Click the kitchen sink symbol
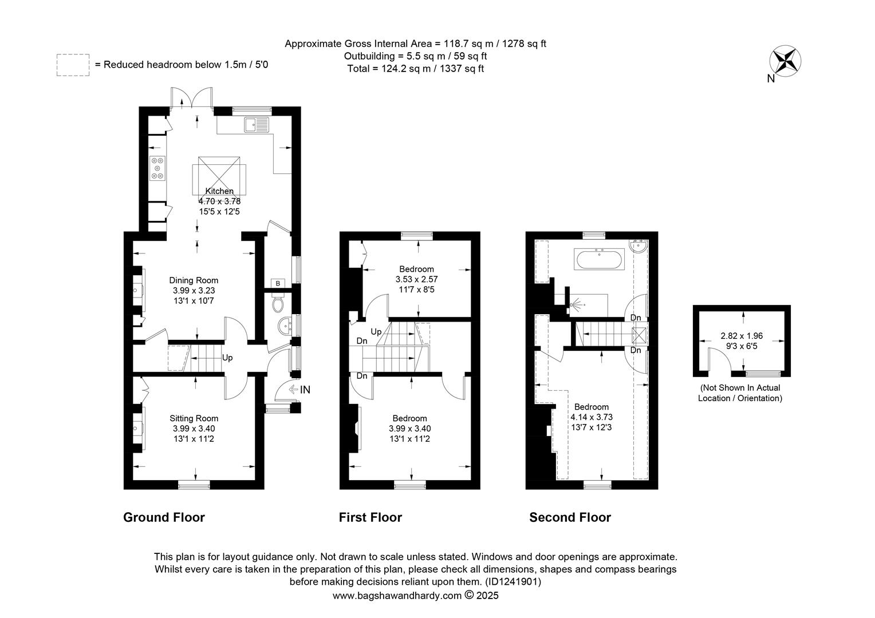257,125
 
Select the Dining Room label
194,280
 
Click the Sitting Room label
194,418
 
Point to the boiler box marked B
278,283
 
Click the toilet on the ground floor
278,303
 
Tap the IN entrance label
305,390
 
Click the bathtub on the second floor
599,259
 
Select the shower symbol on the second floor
576,304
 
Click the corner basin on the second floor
640,246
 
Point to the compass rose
785,61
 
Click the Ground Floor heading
164,518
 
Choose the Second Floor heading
570,518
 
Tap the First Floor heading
371,518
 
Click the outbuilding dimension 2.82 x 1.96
742,336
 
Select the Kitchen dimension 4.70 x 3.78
219,201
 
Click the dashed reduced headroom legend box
73,65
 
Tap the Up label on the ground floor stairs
227,358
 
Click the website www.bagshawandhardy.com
397,595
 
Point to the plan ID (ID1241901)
513,582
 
